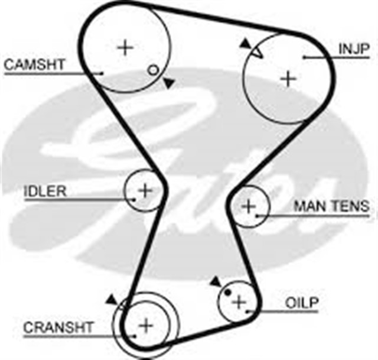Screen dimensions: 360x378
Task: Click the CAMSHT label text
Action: coord(34,64)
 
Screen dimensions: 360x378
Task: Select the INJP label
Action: coord(354,48)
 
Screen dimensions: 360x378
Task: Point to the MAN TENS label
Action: coord(332,206)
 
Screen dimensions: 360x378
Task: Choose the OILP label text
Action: coord(302,303)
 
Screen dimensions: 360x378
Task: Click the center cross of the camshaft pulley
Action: coord(124,47)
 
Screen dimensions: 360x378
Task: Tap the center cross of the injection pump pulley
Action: coord(288,79)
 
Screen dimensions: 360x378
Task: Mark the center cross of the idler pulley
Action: coord(145,190)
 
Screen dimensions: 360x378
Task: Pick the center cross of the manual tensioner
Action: coord(249,206)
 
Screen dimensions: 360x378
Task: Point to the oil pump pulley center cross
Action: coord(239,302)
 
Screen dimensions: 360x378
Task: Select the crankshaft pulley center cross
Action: coord(145,324)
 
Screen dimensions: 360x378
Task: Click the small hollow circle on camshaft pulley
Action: coord(153,70)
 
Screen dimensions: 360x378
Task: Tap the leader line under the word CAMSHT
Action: coord(53,73)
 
